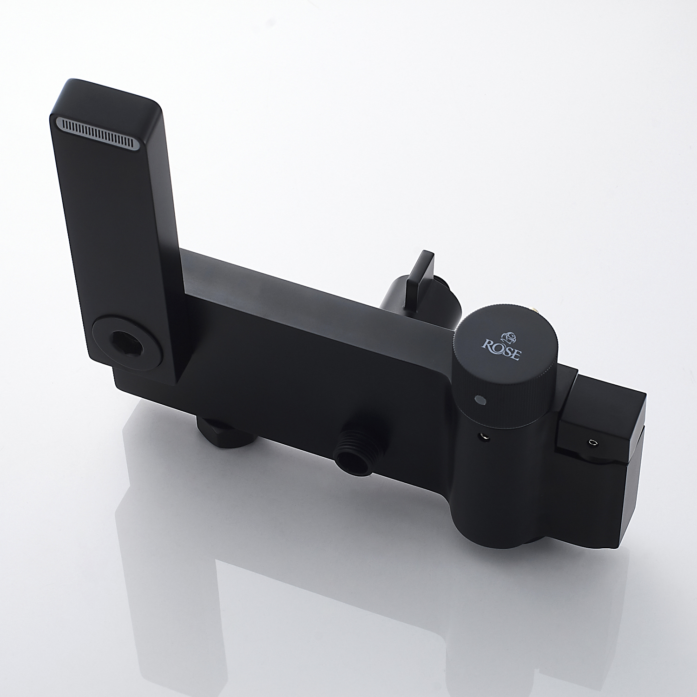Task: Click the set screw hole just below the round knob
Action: (x=485, y=435)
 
